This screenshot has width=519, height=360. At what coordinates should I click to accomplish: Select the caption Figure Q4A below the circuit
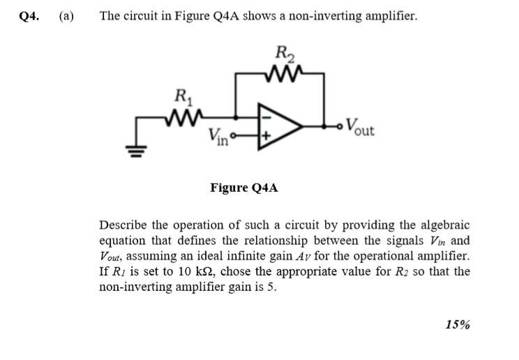click(x=243, y=187)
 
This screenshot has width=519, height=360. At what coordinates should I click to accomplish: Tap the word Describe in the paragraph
click(x=124, y=225)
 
